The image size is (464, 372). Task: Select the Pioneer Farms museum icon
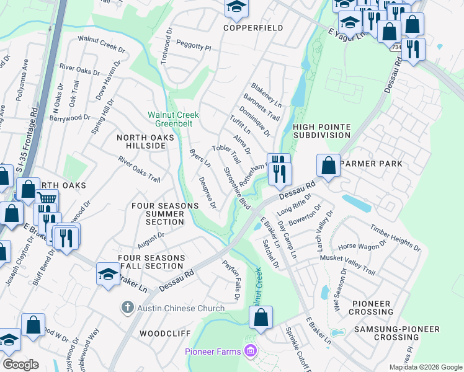pyautogui.click(x=250, y=352)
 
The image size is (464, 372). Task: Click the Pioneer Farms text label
pyautogui.click(x=215, y=352)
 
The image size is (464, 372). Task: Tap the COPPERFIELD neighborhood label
pyautogui.click(x=253, y=28)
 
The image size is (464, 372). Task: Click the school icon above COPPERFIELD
pyautogui.click(x=236, y=7)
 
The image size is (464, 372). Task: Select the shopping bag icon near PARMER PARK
pyautogui.click(x=329, y=166)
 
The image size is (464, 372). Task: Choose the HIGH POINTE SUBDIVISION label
pyautogui.click(x=321, y=131)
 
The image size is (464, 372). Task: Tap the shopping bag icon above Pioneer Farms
pyautogui.click(x=261, y=317)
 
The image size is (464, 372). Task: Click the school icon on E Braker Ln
pyautogui.click(x=108, y=273)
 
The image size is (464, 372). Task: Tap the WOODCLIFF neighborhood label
pyautogui.click(x=161, y=334)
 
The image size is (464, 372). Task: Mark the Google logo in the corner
pyautogui.click(x=20, y=365)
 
